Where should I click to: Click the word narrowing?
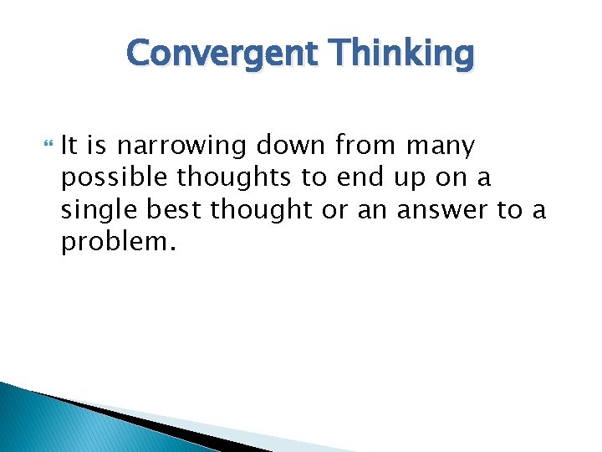tap(182, 146)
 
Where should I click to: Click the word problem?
tap(112, 243)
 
